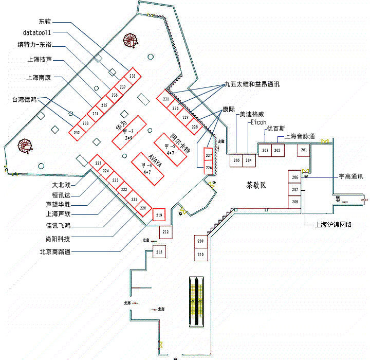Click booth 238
(x=133, y=76)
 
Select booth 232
(x=77, y=133)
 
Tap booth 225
(x=98, y=163)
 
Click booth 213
(x=159, y=252)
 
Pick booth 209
(x=200, y=241)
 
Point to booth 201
(x=304, y=150)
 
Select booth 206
(x=294, y=177)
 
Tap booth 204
(x=249, y=160)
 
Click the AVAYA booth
(x=148, y=168)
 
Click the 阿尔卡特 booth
(x=171, y=149)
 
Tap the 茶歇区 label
(x=256, y=185)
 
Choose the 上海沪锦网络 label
(x=333, y=224)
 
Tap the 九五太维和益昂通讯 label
(x=255, y=83)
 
